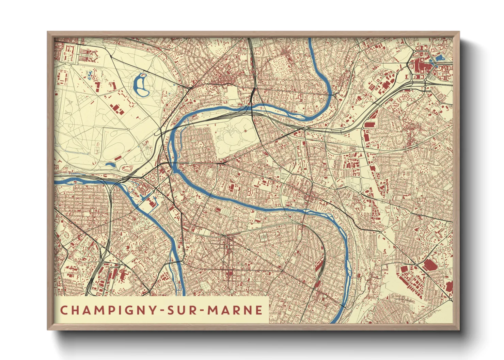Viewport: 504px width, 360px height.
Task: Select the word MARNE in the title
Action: click(x=235, y=310)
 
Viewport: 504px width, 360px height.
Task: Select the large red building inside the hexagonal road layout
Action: click(x=420, y=65)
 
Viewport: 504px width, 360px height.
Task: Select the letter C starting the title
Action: click(x=63, y=310)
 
